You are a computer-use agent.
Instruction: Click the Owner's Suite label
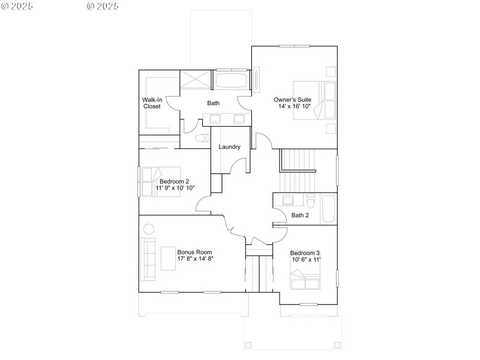[x=292, y=99]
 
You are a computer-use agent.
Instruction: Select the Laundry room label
[x=229, y=147]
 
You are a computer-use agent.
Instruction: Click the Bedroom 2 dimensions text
[x=175, y=188]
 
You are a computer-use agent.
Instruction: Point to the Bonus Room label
[x=194, y=252]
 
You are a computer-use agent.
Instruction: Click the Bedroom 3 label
[x=305, y=253]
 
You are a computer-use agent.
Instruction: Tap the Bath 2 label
[x=300, y=215]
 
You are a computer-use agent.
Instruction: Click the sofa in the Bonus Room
[x=148, y=259]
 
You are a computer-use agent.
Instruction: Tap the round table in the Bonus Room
[x=148, y=229]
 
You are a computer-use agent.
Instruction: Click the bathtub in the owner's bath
[x=230, y=81]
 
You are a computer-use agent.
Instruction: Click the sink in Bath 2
[x=286, y=200]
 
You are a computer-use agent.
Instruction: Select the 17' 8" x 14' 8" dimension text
[x=196, y=259]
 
